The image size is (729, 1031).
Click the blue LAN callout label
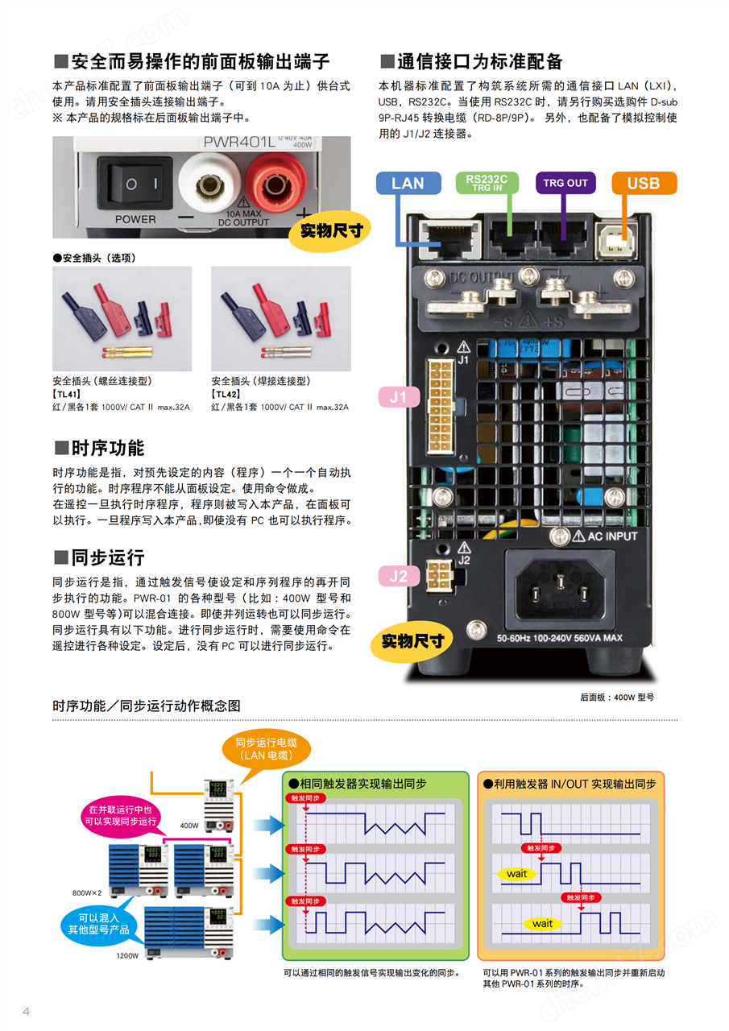tap(408, 183)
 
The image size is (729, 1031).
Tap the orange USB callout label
tap(644, 183)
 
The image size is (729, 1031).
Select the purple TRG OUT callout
tap(565, 183)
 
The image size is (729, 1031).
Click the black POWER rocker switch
tap(135, 184)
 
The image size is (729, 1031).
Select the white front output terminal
tap(209, 184)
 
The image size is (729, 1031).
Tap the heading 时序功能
tap(99, 448)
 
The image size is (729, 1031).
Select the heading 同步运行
tap(99, 557)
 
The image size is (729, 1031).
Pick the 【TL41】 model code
tap(68, 394)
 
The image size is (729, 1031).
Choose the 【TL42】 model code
tap(228, 394)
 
